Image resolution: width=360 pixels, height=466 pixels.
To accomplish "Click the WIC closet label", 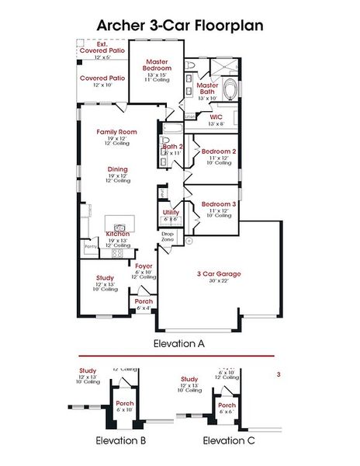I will click(216, 117).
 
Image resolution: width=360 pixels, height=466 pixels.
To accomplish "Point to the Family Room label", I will click(117, 132).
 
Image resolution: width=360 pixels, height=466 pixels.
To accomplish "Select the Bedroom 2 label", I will click(219, 151).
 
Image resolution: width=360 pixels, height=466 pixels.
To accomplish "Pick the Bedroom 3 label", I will click(218, 203).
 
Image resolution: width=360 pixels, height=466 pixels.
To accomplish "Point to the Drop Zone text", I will click(168, 237).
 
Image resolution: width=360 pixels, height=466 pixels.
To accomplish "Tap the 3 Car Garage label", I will click(219, 273).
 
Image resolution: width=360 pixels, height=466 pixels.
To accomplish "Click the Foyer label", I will click(144, 266).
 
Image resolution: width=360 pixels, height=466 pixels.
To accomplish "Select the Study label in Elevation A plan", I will click(106, 277).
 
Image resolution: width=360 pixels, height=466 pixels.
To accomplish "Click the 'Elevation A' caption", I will click(179, 342).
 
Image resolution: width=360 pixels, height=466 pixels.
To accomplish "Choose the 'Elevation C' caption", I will click(229, 440).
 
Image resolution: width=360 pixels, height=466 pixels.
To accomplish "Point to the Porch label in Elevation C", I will click(227, 405).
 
